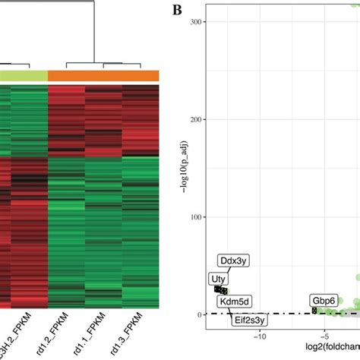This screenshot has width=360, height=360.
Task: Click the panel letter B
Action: (177, 10)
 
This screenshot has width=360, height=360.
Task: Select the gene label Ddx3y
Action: (232, 261)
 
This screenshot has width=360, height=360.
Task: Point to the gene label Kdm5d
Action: (238, 301)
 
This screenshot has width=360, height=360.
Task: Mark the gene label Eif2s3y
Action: (251, 320)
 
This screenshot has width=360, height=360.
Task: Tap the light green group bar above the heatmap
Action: (24, 74)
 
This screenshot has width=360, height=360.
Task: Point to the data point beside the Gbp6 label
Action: (314, 311)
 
